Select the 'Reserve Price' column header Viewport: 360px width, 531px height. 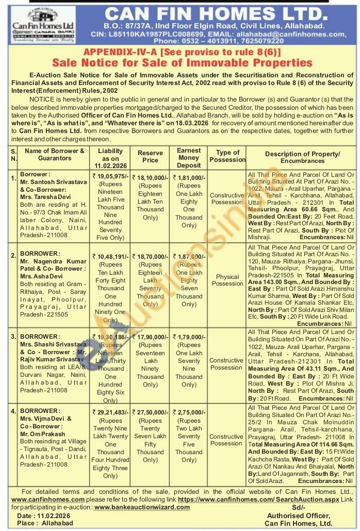[x=150, y=156]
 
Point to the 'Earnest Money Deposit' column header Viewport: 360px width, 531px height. [x=188, y=157]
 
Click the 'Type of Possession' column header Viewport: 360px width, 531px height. [x=227, y=156]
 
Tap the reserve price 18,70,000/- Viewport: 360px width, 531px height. [x=151, y=256]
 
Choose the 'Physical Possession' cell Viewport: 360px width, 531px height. [x=227, y=280]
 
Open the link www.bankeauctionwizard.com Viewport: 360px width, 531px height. [x=142, y=507]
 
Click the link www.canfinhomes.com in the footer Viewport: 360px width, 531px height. [x=47, y=500]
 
